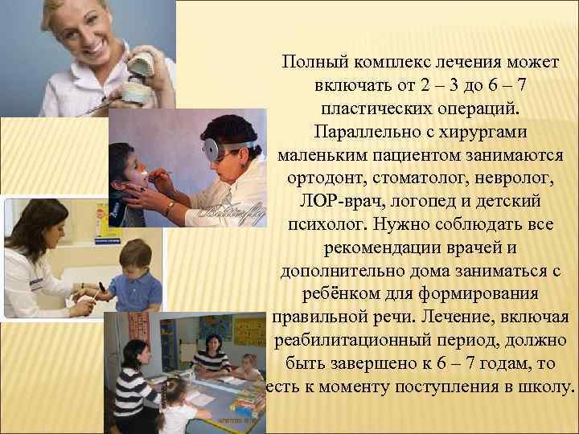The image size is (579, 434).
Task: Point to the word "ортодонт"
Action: coord(321,174)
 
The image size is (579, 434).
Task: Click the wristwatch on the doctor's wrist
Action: coord(170,208)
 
